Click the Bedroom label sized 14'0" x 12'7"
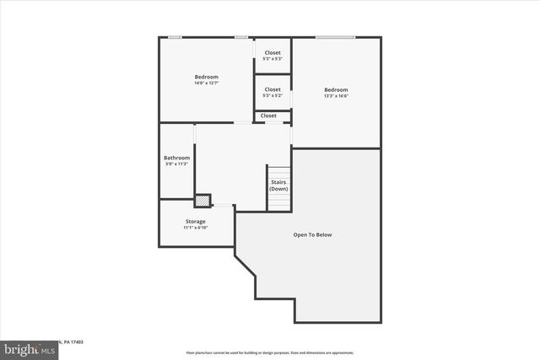(x=206, y=78)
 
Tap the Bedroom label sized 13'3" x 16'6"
(x=336, y=90)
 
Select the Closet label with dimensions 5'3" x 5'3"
(x=273, y=53)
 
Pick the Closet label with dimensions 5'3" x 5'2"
(x=273, y=89)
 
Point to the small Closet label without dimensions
(x=268, y=116)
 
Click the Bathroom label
(x=176, y=158)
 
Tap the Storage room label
(x=195, y=222)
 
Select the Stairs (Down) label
(x=278, y=185)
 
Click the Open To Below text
(x=312, y=234)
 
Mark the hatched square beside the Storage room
(x=202, y=201)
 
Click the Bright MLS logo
(x=25, y=348)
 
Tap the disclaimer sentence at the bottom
(x=270, y=352)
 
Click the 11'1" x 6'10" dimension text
(x=195, y=228)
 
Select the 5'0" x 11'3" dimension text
(x=176, y=164)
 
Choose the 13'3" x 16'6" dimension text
(x=336, y=96)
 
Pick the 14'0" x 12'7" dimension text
(x=206, y=83)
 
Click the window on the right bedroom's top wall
(x=335, y=37)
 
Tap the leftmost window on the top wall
(x=175, y=37)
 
